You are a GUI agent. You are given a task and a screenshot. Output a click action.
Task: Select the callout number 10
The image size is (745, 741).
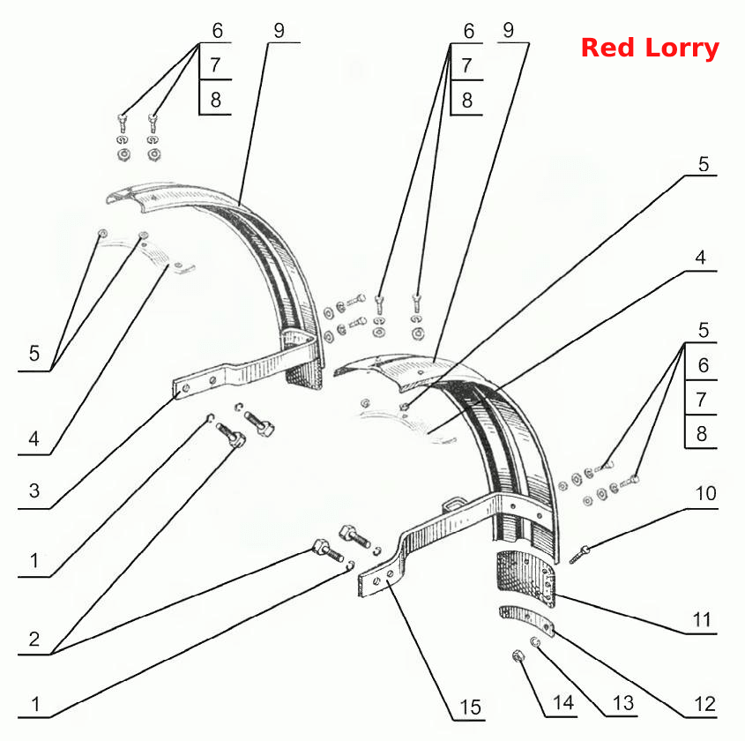coord(705,493)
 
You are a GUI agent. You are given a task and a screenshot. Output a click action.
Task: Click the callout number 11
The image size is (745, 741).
coord(702,619)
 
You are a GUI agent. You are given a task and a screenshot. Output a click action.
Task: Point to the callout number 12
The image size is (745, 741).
coord(704,704)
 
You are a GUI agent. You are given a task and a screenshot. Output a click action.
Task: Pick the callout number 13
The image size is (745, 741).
coord(623,703)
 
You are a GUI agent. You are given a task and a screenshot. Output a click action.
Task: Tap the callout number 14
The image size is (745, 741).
coord(563,702)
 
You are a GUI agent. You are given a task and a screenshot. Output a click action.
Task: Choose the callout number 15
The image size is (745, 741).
coord(471,707)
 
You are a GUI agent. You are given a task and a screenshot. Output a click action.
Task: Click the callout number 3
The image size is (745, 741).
coord(34,490)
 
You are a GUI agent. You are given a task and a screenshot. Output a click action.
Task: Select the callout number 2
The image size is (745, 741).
coord(34,640)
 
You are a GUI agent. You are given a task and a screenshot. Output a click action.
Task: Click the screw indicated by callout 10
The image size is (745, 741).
coord(579,555)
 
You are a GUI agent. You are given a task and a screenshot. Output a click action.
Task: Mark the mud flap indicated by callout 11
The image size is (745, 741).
coord(525,579)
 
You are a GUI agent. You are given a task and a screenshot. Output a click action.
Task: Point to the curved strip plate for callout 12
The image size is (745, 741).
coord(527,621)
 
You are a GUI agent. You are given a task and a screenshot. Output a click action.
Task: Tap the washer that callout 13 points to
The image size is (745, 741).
coord(535,642)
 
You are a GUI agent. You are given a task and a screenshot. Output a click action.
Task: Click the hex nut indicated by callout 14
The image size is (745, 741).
coord(518,657)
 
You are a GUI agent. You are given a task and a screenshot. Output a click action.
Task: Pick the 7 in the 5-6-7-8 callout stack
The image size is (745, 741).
coord(702,400)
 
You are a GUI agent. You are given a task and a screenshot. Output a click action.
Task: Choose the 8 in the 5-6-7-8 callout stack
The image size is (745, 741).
coord(702,433)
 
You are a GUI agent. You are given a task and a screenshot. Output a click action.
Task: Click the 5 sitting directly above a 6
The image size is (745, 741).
coord(704,330)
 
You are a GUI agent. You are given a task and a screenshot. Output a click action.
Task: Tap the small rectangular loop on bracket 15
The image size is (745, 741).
coord(453,503)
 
